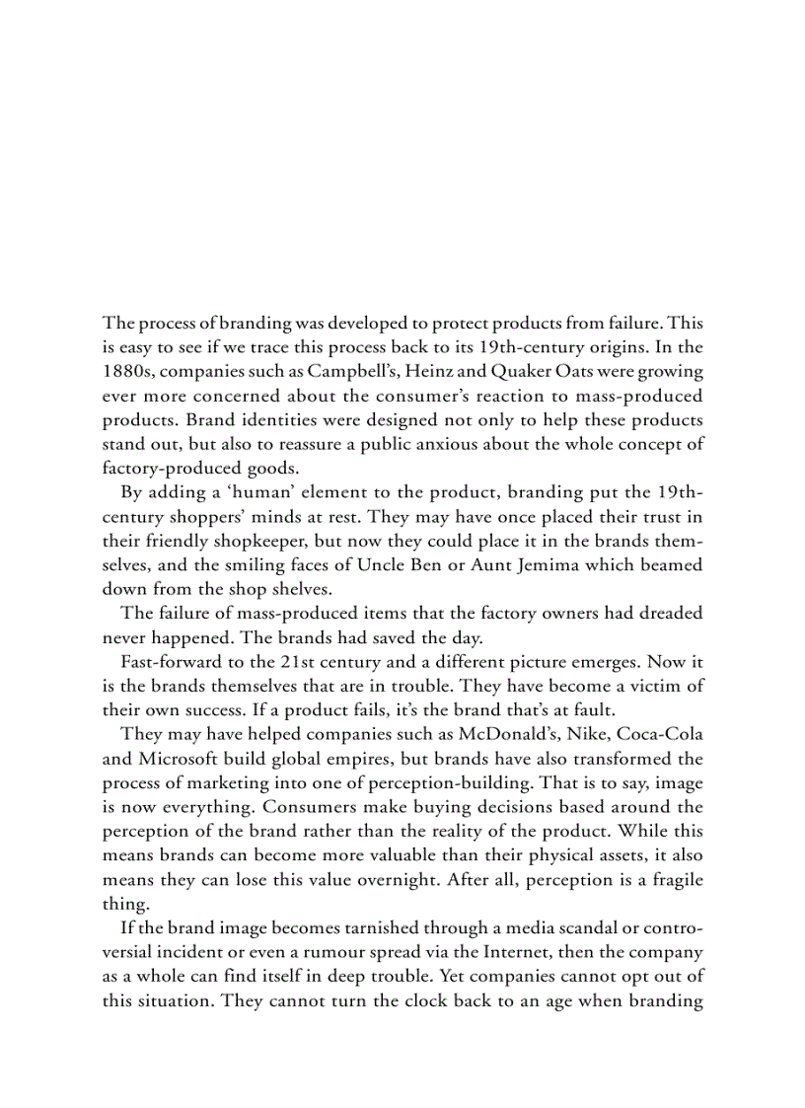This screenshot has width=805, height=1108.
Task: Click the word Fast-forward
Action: (167, 661)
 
